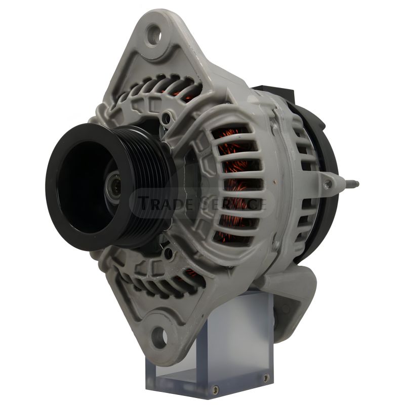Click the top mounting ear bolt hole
click(x=154, y=34)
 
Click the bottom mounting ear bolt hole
click(x=159, y=337)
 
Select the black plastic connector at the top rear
click(x=274, y=93)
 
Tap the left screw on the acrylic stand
click(x=216, y=389)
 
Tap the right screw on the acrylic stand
click(x=265, y=378)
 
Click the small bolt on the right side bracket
click(x=329, y=184)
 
